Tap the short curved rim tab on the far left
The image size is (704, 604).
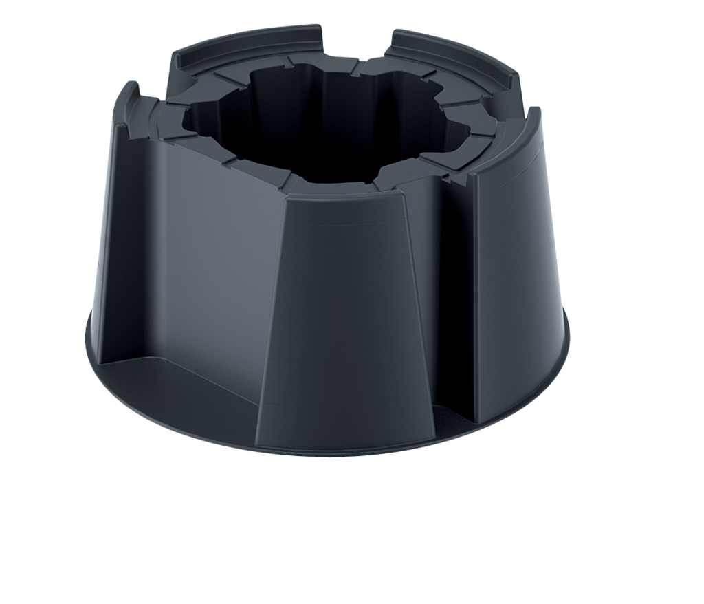tap(127, 103)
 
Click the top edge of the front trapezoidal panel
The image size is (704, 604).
tap(344, 195)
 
